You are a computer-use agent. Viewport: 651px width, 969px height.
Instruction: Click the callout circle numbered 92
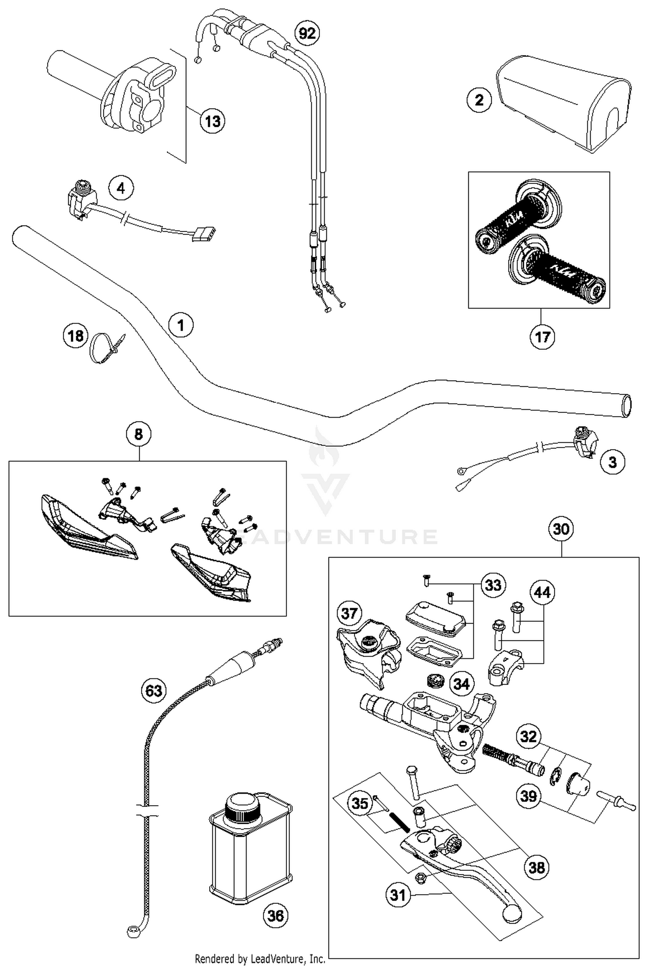307,33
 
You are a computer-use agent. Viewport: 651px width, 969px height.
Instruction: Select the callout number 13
213,121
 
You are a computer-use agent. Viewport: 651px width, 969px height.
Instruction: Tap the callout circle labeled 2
479,100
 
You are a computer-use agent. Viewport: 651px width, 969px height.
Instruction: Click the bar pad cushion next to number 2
564,104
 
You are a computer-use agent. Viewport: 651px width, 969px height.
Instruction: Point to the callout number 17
542,336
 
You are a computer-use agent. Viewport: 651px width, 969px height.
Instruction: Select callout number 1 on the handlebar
181,325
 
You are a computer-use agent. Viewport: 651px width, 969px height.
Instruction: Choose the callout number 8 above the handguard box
138,434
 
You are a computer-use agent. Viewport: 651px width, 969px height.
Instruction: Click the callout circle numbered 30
561,529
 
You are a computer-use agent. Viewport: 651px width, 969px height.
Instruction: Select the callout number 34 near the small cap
461,684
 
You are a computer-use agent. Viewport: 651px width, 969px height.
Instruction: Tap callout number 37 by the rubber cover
349,613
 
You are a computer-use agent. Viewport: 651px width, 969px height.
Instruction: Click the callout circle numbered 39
529,796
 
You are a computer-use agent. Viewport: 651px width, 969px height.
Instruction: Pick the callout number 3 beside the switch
612,462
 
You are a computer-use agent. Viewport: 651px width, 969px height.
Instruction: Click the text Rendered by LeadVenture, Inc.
260,958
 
